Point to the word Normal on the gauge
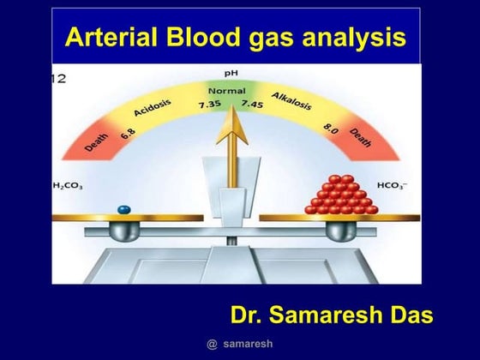pyautogui.click(x=227, y=89)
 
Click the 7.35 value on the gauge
pyautogui.click(x=211, y=105)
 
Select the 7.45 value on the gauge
pyautogui.click(x=252, y=105)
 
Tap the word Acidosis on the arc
pyautogui.click(x=153, y=109)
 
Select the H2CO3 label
pyautogui.click(x=69, y=184)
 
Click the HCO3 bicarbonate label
pyautogui.click(x=393, y=184)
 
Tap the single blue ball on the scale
pyautogui.click(x=125, y=208)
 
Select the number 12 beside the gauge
pyautogui.click(x=59, y=78)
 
